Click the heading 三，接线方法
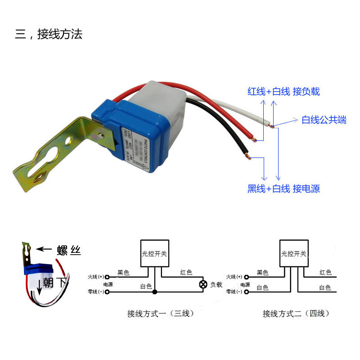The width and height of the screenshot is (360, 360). click(49, 34)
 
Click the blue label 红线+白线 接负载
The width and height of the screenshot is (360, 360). click(283, 91)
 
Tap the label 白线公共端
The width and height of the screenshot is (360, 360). click(324, 120)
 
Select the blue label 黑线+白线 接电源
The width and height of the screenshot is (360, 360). click(283, 189)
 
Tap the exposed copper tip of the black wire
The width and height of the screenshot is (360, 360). click(246, 157)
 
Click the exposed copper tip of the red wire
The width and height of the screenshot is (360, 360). click(256, 140)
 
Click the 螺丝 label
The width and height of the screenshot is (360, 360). click(69, 251)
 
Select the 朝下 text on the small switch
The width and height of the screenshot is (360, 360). click(55, 283)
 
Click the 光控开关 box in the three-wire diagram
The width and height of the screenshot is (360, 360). click(154, 254)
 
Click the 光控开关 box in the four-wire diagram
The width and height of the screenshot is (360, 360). click(294, 254)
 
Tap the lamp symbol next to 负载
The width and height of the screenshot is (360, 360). click(203, 284)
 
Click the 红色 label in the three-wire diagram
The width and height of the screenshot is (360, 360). click(186, 273)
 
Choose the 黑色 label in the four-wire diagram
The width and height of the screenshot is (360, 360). click(262, 273)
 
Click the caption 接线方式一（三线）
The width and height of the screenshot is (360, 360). click(160, 313)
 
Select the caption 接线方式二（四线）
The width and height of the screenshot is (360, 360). click(296, 313)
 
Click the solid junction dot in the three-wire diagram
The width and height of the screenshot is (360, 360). click(154, 292)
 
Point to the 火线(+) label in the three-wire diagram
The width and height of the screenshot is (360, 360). click(96, 276)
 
